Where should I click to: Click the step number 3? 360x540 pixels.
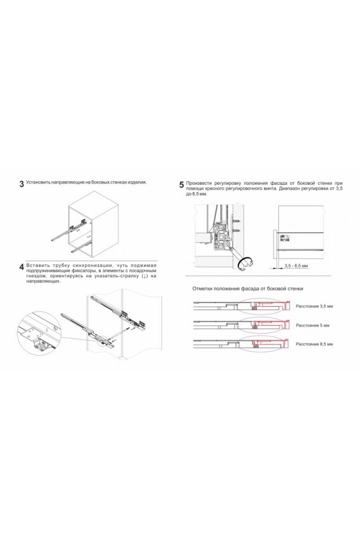point(22,184)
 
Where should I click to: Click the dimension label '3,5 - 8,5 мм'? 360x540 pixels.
point(296,265)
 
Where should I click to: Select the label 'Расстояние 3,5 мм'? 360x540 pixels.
point(314,306)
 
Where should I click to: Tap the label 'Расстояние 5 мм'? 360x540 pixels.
point(313,325)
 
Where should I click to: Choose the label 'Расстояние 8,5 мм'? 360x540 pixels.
point(314,344)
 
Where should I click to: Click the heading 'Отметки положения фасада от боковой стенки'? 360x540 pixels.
point(248,289)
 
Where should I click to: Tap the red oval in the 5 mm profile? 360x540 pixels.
point(262,325)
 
